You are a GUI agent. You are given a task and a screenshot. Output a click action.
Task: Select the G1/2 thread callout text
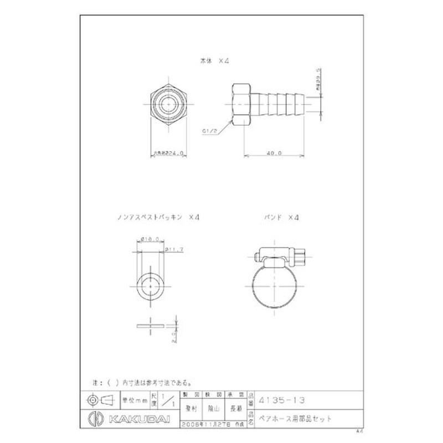coord(209,131)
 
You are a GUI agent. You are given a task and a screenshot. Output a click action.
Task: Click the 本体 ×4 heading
coord(214,62)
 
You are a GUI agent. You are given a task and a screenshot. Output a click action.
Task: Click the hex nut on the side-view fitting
coord(241,104)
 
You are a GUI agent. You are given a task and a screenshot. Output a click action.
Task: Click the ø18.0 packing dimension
coord(150,239)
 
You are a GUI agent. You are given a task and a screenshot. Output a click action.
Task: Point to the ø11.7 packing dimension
coord(176,250)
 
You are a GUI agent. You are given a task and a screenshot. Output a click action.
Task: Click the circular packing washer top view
coord(152,286)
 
